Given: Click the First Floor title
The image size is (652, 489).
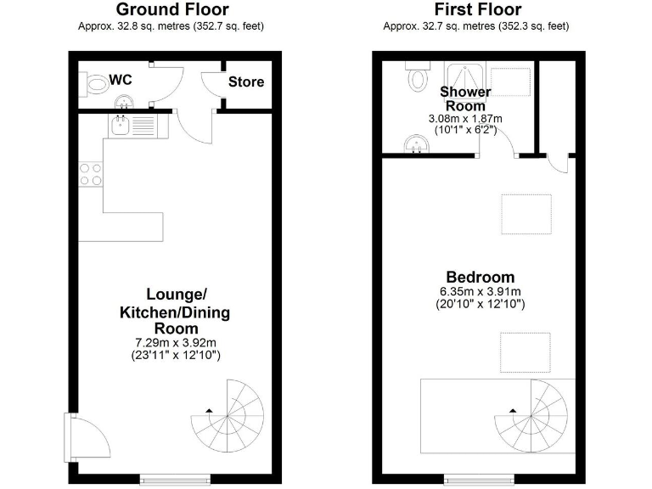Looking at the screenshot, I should click(476, 9).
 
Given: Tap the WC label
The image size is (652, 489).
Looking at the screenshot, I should click(121, 80).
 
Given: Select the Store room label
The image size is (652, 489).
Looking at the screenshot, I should click(245, 82).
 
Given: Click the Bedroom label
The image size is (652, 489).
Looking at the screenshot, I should click(481, 278).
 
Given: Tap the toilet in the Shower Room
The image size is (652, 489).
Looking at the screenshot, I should click(417, 78).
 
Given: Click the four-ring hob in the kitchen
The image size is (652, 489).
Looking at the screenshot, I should click(91, 174).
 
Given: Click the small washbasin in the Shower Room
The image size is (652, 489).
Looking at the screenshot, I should click(416, 145).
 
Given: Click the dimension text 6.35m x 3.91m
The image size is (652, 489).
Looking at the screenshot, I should click(481, 291).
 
